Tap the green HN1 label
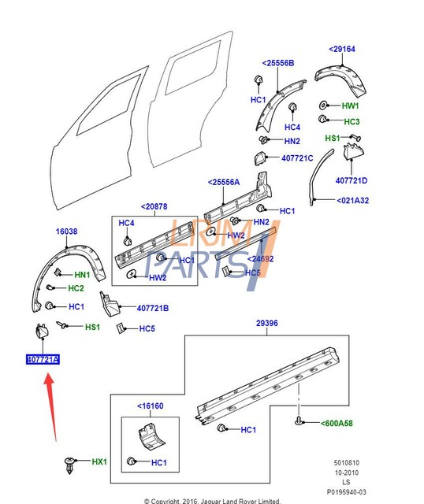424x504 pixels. [x=83, y=275]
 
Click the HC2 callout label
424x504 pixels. [x=76, y=289]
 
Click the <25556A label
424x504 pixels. [x=225, y=183]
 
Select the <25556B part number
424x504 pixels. [x=277, y=62]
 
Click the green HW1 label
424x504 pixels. [x=350, y=106]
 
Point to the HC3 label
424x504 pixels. [x=351, y=121]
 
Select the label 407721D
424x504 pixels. [x=351, y=180]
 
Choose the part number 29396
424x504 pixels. [x=267, y=324]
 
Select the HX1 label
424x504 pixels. [x=99, y=461]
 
